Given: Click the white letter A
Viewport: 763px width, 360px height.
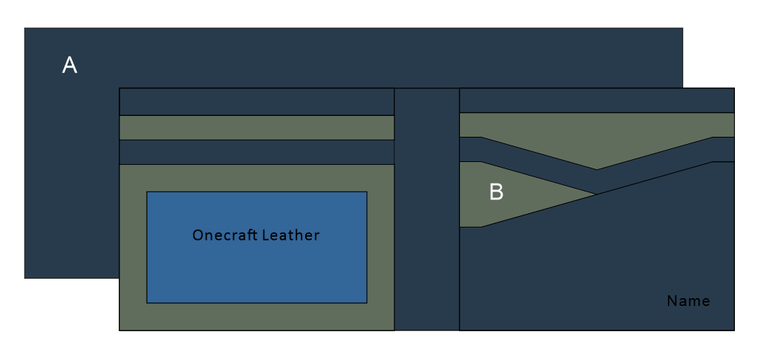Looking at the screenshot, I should point(70,66).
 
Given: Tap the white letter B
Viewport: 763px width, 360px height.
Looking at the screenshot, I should point(496,192).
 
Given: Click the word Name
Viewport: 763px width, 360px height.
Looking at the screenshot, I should point(688,301).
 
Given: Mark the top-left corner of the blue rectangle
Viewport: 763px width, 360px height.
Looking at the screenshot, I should point(147,192).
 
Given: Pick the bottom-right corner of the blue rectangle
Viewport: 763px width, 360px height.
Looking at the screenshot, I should point(367,302).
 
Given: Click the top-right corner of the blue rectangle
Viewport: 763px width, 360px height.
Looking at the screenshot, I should point(367,192).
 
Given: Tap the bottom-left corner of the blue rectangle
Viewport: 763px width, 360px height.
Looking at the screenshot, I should point(147,302).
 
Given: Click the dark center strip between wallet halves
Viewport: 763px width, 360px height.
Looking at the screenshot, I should point(427,209).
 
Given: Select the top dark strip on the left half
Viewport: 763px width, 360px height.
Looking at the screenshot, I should point(256,102).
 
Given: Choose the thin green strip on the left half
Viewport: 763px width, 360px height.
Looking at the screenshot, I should point(256,127).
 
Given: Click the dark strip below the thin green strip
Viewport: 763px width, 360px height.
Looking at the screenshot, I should point(256,152).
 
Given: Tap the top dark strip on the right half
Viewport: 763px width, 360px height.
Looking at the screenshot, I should point(597,100).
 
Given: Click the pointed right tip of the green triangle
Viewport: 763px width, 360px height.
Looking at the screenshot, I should point(595,194).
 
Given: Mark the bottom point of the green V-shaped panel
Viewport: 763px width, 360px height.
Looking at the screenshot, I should point(597,169).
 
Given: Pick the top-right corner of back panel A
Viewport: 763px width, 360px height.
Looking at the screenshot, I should point(682,28).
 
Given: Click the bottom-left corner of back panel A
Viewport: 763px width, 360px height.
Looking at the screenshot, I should point(24,278).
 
